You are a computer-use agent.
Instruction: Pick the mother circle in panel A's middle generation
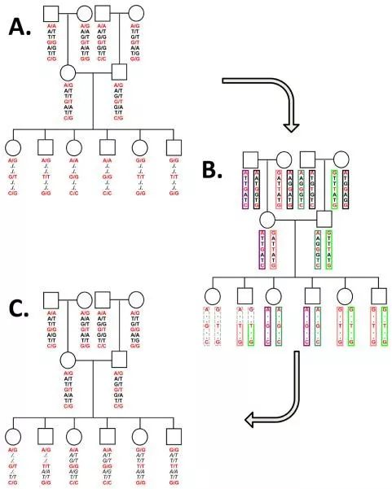(x=68, y=74)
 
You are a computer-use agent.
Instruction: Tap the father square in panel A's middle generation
(x=119, y=74)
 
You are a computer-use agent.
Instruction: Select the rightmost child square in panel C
(x=174, y=432)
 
